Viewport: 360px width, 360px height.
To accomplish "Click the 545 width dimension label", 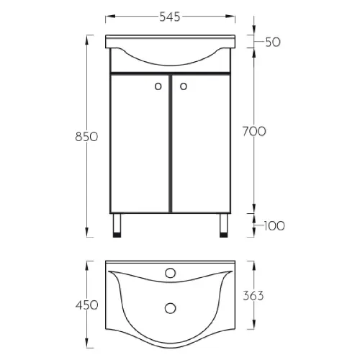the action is [x=170, y=17].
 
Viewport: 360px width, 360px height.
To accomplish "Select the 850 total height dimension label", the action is [x=86, y=137].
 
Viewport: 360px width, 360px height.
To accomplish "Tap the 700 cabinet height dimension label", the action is [x=254, y=132].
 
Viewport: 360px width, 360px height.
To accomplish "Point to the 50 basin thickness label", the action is [x=273, y=42].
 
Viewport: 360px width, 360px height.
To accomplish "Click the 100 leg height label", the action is [x=274, y=226].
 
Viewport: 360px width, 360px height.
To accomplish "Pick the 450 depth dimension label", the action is [x=86, y=305].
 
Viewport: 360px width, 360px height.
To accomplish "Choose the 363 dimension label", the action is [x=253, y=296].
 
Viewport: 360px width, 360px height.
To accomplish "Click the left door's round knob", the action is [x=158, y=86].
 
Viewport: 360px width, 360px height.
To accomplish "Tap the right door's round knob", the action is [x=184, y=86].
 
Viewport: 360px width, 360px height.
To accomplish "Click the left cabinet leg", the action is [x=117, y=225].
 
